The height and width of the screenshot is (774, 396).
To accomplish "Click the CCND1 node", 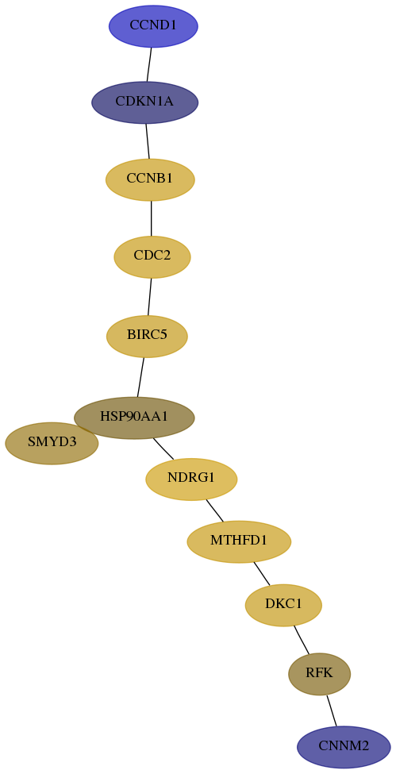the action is tap(153, 26).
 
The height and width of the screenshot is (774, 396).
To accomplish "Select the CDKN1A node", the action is tap(144, 102).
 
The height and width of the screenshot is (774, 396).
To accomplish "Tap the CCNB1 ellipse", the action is tap(150, 179).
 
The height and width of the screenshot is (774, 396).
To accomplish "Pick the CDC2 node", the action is tap(152, 256).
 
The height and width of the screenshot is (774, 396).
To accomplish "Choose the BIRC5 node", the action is tap(147, 336).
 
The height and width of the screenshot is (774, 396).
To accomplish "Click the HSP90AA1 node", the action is tap(134, 418).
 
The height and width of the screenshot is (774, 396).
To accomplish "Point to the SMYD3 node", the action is tap(52, 443).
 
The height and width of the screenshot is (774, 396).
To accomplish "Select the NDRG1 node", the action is tap(191, 479).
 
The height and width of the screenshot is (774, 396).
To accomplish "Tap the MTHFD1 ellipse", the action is tap(239, 541).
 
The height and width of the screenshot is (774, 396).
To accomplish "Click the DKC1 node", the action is tap(283, 605).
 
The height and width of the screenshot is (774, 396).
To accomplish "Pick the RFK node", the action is tap(320, 674).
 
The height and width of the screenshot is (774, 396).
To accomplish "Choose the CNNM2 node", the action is tap(344, 747).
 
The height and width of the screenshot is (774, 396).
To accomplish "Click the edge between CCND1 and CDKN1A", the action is tap(149, 64).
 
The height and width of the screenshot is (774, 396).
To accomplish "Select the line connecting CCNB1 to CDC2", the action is tap(151, 218).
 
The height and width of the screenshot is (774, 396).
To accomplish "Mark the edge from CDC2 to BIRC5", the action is tap(150, 297).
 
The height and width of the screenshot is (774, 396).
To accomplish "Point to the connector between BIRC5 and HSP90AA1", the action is tap(140, 377).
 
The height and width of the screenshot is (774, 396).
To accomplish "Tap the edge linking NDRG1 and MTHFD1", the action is tap(215, 510).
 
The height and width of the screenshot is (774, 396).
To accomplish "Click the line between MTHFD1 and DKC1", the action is tap(262, 574).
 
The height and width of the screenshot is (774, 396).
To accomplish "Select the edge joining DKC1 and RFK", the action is tap(302, 640).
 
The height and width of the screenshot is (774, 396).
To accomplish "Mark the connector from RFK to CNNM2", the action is tap(331, 710).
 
